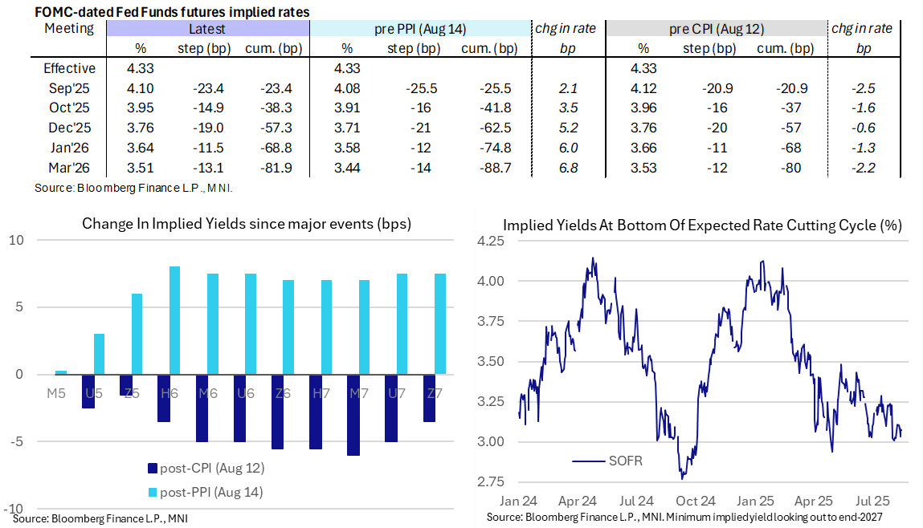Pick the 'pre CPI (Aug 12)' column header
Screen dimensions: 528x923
tap(716, 29)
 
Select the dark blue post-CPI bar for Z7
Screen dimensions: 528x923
tap(429, 398)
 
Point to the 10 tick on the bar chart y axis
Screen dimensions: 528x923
tap(18, 241)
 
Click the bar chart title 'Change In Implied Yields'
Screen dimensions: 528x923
tap(246, 224)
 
